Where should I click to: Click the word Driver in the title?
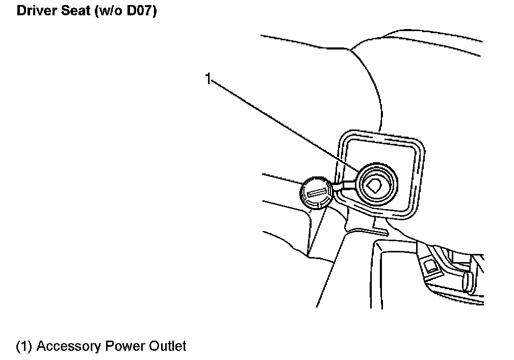click(x=36, y=11)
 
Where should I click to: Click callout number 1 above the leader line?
click(x=208, y=79)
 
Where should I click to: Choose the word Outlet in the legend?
click(x=168, y=347)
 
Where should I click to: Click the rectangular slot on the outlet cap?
click(x=316, y=192)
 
